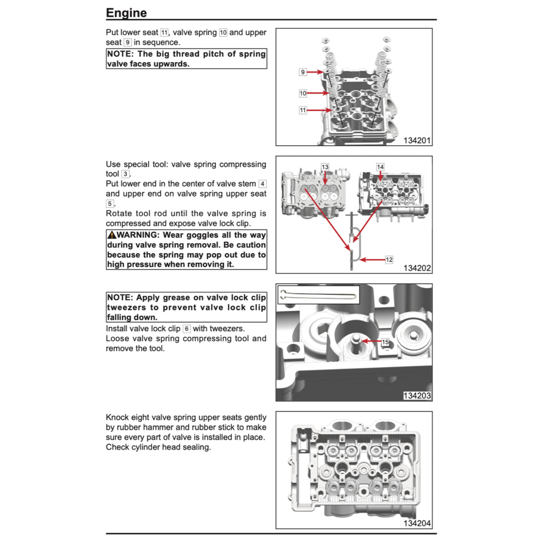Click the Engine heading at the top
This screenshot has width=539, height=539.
coord(126,13)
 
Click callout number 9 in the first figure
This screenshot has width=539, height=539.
coord(303,72)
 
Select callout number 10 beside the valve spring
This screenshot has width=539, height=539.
coord(303,93)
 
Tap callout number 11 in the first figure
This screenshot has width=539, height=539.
coord(303,111)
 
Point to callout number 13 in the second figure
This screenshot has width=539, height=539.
coord(325,167)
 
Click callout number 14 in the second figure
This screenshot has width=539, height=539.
coord(380,167)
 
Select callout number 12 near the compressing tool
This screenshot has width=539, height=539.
coord(389,259)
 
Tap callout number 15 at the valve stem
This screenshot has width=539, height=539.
coord(385,342)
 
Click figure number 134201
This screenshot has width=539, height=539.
coord(417,141)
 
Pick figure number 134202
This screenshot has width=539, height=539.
coord(417,268)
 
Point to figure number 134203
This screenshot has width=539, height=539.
coord(417,395)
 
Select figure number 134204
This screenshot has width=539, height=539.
coord(417,523)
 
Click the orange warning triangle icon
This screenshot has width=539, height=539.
coord(111,235)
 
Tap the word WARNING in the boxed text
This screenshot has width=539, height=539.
coord(136,235)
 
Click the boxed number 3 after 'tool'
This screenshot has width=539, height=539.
coord(125,174)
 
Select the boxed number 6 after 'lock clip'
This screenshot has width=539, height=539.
coord(186,328)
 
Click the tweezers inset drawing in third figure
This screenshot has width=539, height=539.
coord(318,294)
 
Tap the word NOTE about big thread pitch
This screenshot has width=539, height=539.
coord(121,54)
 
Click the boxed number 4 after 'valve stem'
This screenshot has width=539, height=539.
coord(263,184)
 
